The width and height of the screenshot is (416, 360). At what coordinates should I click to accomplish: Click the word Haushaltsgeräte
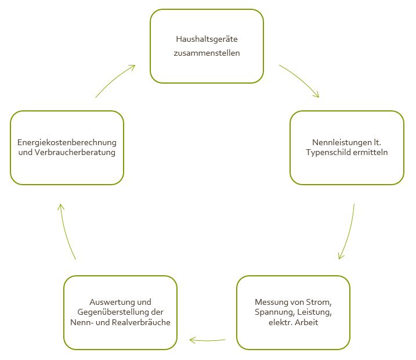point(207,39)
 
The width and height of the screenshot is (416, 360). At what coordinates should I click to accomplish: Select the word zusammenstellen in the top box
point(207,53)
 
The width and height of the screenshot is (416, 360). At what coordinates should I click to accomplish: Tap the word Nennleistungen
point(342,143)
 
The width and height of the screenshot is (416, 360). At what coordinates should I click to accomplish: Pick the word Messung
point(270,303)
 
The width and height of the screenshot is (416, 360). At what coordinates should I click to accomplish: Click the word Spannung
point(274,312)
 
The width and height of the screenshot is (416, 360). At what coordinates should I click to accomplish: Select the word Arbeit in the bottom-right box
point(306,322)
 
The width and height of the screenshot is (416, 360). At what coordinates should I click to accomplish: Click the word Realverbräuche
point(141,322)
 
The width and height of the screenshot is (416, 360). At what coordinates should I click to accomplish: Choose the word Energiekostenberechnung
point(67,143)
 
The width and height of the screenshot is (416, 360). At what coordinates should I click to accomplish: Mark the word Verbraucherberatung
point(75,152)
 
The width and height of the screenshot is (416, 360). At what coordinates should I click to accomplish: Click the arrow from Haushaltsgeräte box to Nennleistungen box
point(301,79)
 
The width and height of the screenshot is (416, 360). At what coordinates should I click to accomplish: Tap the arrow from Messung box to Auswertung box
point(207,340)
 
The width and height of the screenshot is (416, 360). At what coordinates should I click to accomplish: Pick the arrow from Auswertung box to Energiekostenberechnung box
point(65,232)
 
